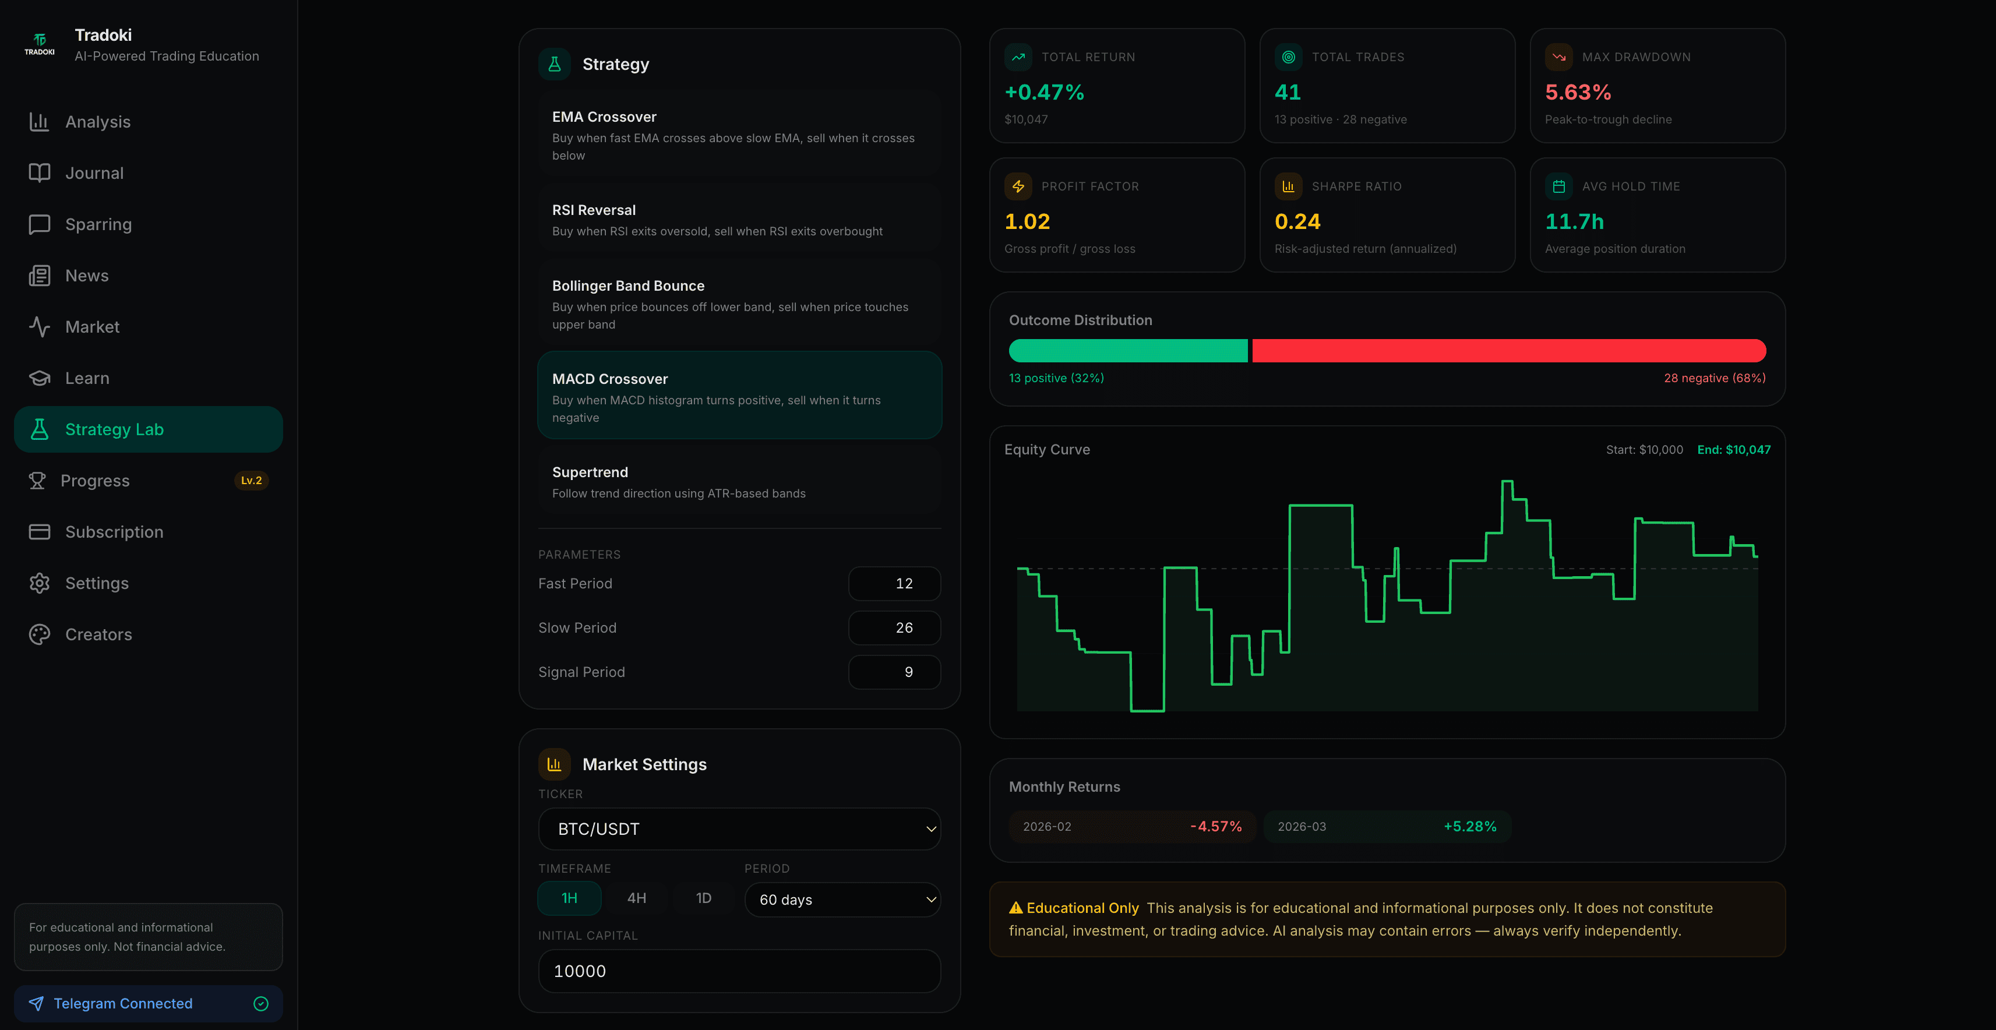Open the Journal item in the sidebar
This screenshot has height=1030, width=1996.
[94, 173]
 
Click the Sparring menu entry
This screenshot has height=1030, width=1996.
[98, 224]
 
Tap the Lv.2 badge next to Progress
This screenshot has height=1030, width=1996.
[251, 481]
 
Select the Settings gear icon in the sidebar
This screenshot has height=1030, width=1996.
[40, 583]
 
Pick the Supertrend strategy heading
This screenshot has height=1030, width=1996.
[590, 472]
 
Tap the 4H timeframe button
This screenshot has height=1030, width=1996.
[636, 898]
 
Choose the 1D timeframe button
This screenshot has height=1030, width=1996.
[703, 898]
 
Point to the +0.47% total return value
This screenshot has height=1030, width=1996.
[1043, 92]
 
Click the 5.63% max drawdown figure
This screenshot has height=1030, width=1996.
[1578, 92]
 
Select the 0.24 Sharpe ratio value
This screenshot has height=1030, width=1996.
[1297, 221]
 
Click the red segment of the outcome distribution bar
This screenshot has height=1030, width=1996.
[1508, 350]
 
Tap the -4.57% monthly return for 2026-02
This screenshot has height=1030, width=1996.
[1215, 826]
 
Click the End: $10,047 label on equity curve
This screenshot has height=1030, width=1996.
[1733, 450]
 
